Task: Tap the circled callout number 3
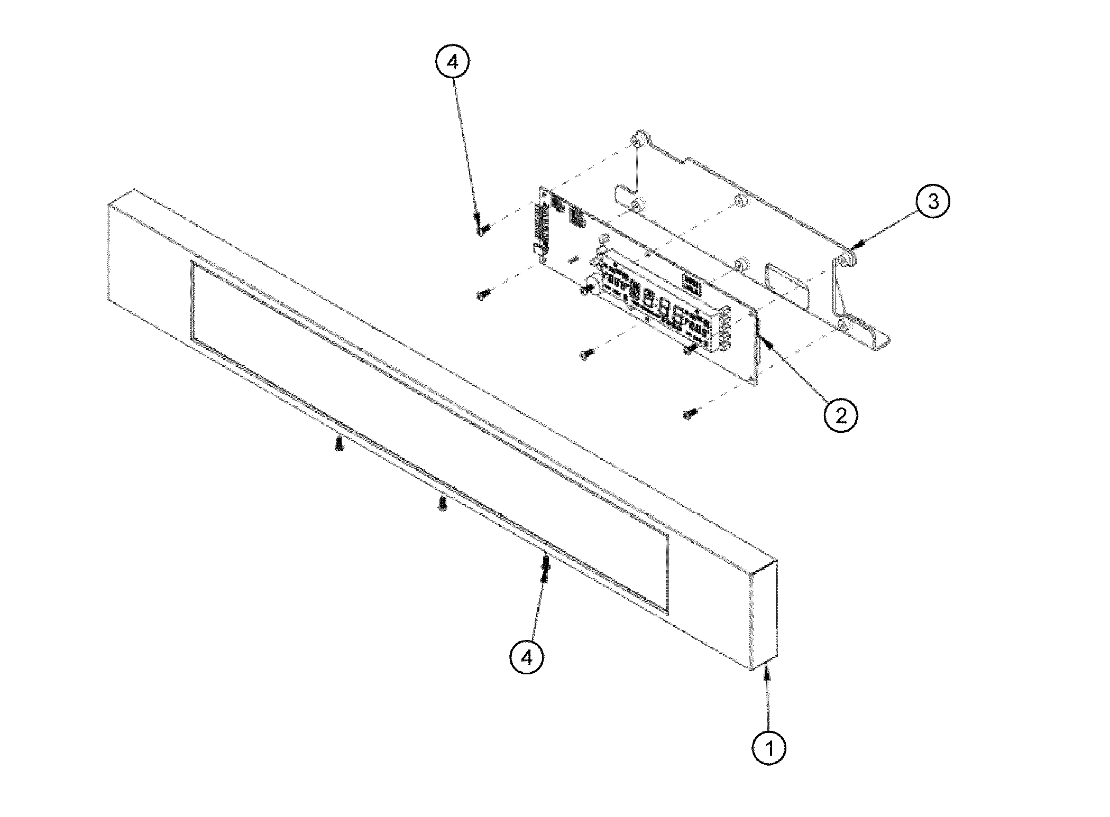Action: click(933, 202)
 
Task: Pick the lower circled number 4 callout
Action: click(527, 657)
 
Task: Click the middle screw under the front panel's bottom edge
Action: click(442, 503)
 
